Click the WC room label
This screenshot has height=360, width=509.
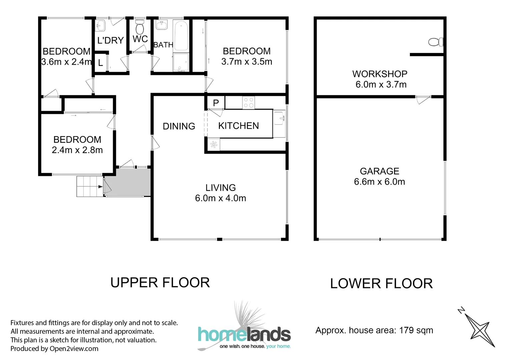140,39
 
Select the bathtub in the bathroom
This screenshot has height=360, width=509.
181,35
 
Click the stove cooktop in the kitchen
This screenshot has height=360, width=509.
248,102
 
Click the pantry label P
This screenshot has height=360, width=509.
216,103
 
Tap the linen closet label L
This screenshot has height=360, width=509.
100,63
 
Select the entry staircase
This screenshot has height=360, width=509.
89,187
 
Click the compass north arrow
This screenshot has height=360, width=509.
476,328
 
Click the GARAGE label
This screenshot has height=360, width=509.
379,171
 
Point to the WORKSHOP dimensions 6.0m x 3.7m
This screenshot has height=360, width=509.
381,85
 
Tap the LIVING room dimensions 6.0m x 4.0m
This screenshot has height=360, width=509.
220,198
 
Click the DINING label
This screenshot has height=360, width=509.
179,126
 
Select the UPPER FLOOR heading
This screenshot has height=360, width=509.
160,283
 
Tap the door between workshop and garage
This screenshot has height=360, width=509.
423,99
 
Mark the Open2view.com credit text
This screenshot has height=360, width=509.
74,349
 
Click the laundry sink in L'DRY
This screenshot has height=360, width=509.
100,25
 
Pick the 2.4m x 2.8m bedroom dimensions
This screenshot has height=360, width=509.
77,150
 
